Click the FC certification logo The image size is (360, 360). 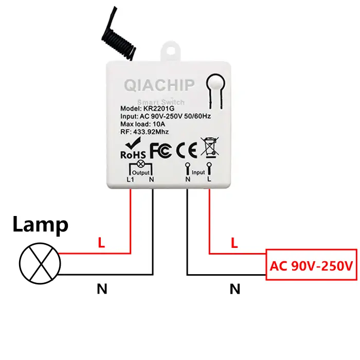(160, 150)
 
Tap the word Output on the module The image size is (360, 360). (140, 173)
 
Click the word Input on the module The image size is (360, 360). (198, 172)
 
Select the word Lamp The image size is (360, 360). (40, 225)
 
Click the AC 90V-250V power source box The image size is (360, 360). (311, 265)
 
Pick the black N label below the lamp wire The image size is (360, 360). (102, 290)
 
